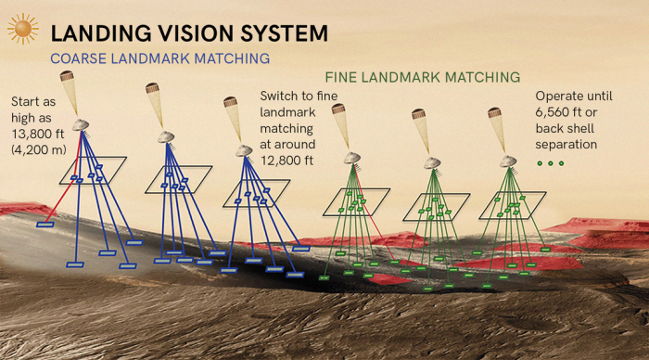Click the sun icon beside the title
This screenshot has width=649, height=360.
[22, 29]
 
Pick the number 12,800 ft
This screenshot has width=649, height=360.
[287, 161]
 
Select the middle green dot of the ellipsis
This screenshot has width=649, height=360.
[550, 164]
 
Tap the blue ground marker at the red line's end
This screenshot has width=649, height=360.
[45, 225]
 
